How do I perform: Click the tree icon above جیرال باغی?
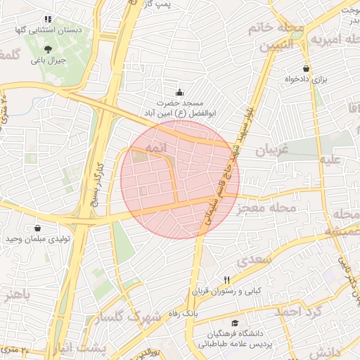48,49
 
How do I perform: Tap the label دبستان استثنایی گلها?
50,31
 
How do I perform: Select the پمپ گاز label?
177,4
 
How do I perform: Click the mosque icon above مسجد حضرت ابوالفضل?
179,91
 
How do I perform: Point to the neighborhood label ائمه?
156,149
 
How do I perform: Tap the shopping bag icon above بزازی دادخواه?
306,68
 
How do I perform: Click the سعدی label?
254,259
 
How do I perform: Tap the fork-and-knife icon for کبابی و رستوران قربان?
226,280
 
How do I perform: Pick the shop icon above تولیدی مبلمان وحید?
37,229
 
